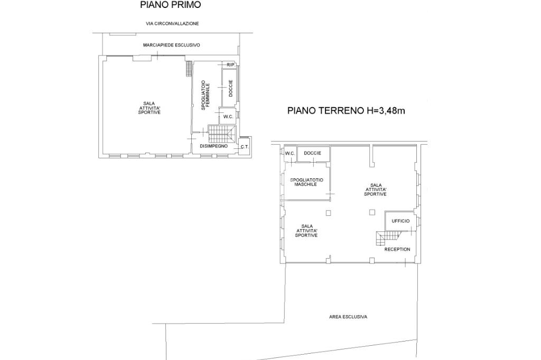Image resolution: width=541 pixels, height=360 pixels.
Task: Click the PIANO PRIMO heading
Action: coord(170,5)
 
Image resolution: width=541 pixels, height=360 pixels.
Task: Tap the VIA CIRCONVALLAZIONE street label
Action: coord(172,24)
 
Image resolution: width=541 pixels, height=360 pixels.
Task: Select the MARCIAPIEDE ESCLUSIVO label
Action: coord(172,45)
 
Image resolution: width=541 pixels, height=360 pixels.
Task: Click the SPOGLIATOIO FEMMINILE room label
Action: coord(206,95)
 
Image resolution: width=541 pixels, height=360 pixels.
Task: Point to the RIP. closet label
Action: coord(231,65)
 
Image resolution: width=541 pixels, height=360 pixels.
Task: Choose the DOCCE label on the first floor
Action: coord(231,88)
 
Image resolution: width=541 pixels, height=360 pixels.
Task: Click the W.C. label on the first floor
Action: coord(228,117)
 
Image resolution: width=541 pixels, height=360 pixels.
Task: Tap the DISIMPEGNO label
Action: coord(214,146)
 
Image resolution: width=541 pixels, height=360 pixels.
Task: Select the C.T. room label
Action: coord(245,147)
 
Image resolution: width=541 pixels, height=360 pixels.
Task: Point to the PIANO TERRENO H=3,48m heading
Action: coord(346,111)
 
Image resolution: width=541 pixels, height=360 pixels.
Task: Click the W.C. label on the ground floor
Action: coord(290,153)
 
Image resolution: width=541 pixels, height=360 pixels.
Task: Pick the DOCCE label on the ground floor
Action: coord(313,153)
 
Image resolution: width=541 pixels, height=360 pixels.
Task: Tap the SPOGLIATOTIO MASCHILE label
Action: coord(306,182)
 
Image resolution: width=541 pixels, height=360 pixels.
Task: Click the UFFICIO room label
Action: coord(400,221)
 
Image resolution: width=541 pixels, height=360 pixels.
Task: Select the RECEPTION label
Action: coord(397,249)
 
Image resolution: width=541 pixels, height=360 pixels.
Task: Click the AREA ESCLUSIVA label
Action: coord(348,317)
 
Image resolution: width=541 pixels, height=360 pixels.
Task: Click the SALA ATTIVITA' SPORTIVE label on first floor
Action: coord(150,108)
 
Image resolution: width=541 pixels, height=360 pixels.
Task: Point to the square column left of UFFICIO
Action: coord(372,212)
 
